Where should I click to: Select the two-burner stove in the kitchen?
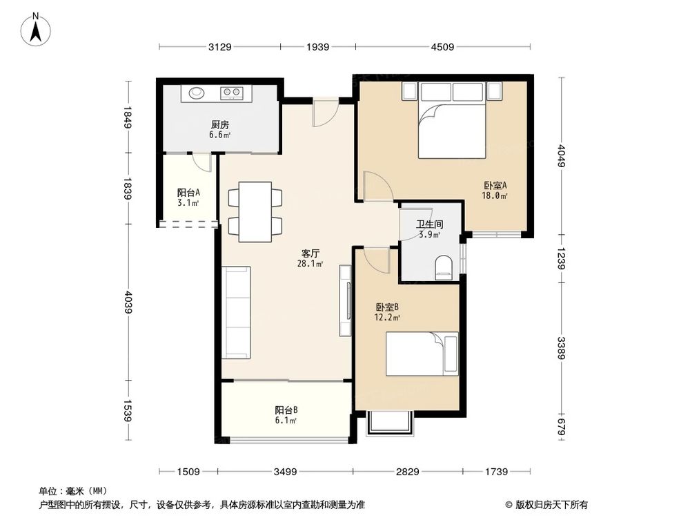click(231, 93)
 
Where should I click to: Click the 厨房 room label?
click(219, 125)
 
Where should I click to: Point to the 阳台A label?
click(188, 193)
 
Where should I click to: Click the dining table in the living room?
click(255, 211)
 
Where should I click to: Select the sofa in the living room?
click(236, 313)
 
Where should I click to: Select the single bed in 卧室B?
click(422, 354)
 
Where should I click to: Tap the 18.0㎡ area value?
click(495, 196)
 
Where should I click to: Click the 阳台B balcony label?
click(286, 409)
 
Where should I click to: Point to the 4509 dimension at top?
click(442, 47)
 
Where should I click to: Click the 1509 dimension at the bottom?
click(188, 472)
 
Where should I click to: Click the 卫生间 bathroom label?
click(428, 224)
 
